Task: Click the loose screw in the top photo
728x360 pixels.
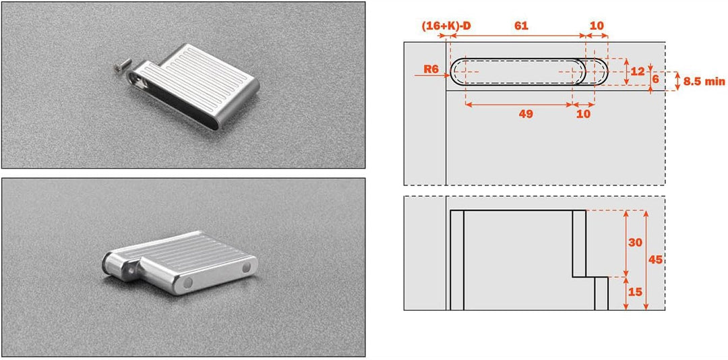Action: click(x=119, y=67)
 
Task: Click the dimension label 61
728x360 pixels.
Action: click(x=521, y=26)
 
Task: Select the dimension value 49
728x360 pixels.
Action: click(x=525, y=115)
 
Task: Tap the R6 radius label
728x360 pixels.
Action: click(x=432, y=69)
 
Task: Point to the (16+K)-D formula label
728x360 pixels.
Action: click(x=446, y=26)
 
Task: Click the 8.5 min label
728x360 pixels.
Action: click(x=704, y=82)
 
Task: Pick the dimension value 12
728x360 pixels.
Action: click(x=638, y=71)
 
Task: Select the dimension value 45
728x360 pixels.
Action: click(x=655, y=260)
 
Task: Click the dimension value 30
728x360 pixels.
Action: click(x=634, y=243)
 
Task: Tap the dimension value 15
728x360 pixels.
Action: click(x=634, y=292)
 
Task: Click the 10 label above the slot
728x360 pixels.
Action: click(x=597, y=26)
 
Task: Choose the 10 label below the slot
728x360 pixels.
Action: click(x=584, y=115)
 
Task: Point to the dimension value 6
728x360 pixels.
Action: click(x=655, y=79)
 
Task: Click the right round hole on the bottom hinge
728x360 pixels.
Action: click(x=247, y=268)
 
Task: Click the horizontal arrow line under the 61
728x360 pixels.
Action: click(x=516, y=36)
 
